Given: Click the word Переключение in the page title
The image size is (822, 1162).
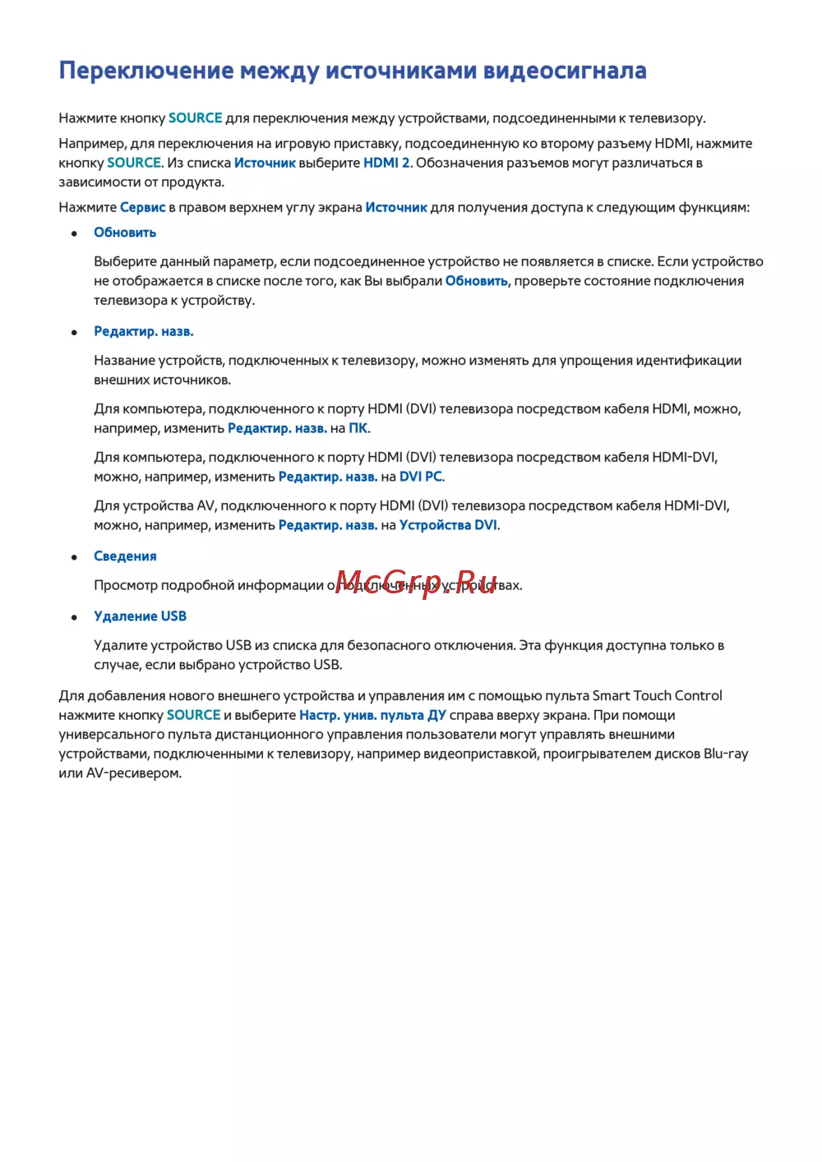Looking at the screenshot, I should tap(146, 71).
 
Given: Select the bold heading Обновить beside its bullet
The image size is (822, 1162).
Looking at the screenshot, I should tap(125, 233).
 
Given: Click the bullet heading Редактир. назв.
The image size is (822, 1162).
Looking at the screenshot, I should tap(144, 332).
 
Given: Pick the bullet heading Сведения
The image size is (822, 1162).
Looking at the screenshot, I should tap(125, 556).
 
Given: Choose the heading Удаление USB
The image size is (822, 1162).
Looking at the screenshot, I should tap(140, 616).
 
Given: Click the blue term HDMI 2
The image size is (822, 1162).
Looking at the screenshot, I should tap(386, 163).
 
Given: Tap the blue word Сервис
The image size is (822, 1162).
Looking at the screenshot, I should tap(143, 208).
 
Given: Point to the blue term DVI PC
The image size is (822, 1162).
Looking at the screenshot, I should tap(421, 477).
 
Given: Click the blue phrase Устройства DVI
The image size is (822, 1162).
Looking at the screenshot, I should tap(448, 525).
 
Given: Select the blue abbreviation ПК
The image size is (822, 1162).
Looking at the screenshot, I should tap(358, 428).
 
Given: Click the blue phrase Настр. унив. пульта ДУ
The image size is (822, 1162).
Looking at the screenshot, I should tap(372, 716).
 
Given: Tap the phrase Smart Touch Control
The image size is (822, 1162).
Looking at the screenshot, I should tap(658, 696).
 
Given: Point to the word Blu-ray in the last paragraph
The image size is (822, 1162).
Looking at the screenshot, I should tap(726, 754).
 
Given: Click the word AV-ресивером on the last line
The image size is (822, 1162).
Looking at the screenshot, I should tap(133, 773).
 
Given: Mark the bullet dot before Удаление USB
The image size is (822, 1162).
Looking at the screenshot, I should tap(75, 617).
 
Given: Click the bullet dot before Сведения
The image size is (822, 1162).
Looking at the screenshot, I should tap(75, 557).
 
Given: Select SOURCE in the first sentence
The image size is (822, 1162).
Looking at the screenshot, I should tap(196, 118).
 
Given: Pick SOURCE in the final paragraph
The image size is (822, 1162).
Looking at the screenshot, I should tap(194, 716).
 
